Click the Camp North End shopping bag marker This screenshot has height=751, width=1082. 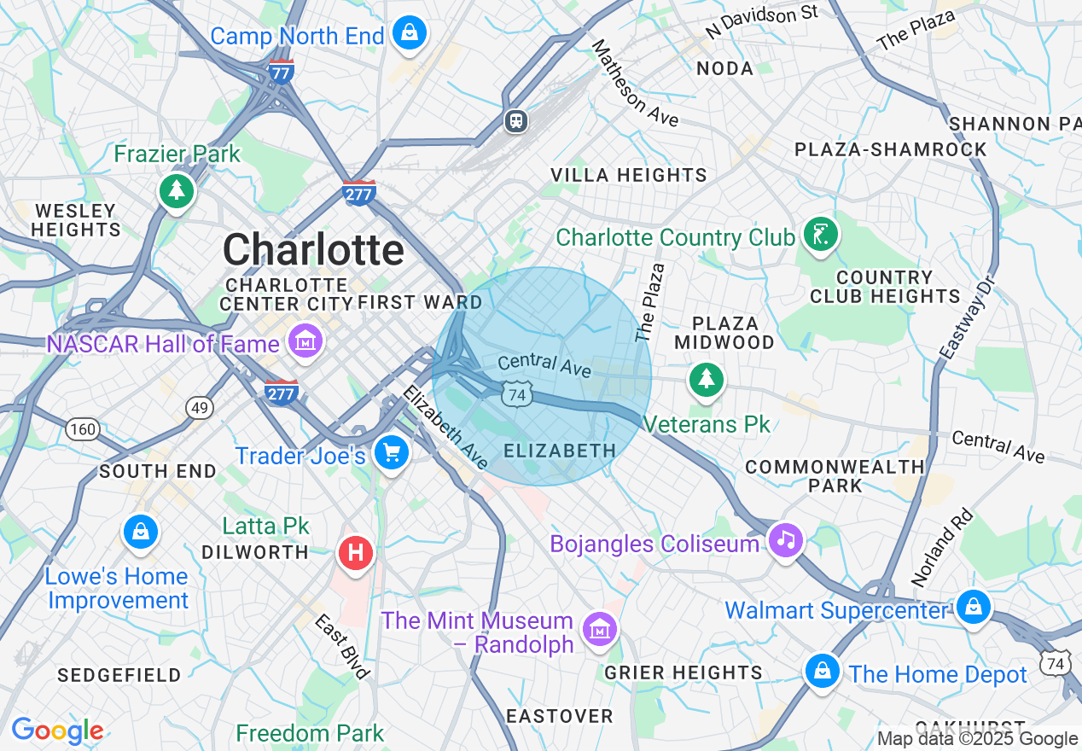click(410, 34)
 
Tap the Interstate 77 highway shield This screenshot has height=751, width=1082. click(281, 72)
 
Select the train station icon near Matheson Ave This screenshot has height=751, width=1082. click(515, 120)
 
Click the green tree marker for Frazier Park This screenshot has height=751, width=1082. click(177, 189)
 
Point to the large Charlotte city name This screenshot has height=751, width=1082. click(313, 250)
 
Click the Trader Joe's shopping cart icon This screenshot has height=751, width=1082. click(392, 451)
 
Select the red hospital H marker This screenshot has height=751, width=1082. click(356, 553)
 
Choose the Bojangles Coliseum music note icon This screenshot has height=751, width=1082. click(785, 539)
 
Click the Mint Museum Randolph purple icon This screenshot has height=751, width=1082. click(598, 630)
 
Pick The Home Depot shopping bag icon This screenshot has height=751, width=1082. click(821, 671)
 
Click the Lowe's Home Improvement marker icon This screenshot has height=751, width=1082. click(140, 531)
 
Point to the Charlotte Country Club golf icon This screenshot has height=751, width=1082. click(820, 234)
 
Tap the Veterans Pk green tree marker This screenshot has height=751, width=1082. click(706, 379)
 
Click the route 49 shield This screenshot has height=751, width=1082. click(200, 409)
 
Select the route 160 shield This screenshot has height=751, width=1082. click(83, 429)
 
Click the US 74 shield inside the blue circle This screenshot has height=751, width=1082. click(516, 393)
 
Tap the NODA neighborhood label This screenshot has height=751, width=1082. click(724, 68)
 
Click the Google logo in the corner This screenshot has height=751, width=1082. click(57, 731)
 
